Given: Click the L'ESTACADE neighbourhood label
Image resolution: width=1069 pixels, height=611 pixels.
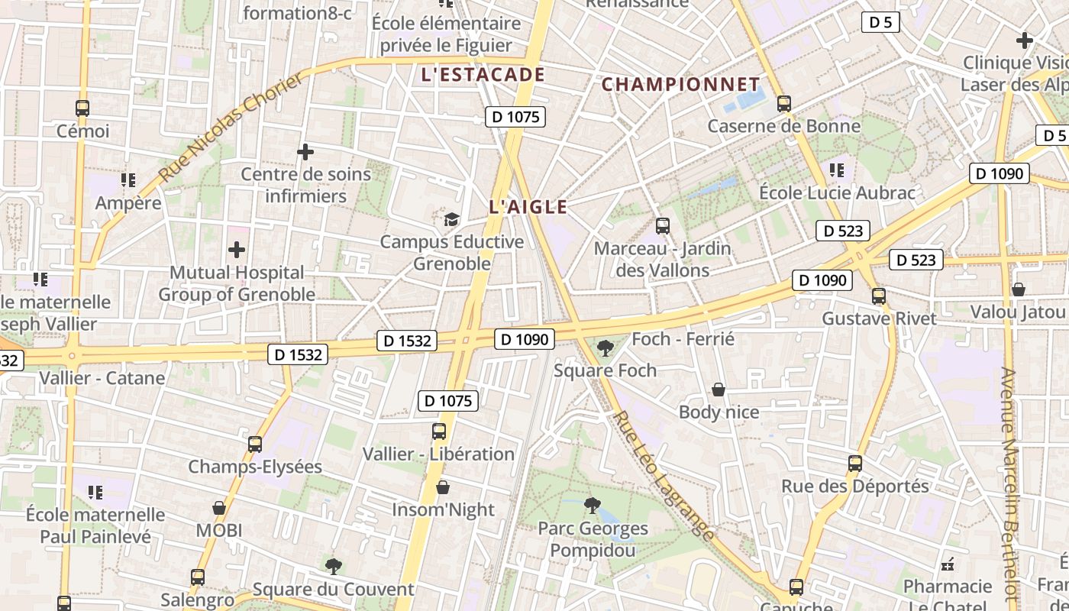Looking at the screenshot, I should pos(483,75).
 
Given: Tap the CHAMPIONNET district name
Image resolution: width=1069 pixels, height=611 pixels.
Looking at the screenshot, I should pos(680,84).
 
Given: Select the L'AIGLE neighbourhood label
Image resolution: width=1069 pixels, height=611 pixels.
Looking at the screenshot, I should pos(528,207).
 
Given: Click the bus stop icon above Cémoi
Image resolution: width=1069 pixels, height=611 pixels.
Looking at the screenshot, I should pos(82,108).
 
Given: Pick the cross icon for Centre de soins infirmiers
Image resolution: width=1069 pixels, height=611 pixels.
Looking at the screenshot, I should pos(305,152).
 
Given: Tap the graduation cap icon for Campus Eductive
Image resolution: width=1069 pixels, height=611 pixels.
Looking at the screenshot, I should pos(452,220).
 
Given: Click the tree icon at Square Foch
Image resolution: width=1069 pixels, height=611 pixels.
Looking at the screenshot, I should pos(606,348).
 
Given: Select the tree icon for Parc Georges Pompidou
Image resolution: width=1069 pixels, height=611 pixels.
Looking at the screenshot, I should pos(592,505).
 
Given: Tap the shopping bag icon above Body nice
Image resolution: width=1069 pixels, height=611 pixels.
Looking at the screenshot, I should pos(719,390).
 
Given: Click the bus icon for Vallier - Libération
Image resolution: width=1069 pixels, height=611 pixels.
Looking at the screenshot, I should pos(439,432).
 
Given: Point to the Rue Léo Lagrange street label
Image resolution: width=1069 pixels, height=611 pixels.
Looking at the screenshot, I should pos(664,476).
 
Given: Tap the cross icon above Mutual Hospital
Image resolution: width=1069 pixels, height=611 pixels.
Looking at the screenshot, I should pos(237,250).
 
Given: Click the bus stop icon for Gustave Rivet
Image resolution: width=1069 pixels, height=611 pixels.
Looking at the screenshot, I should pos(879,296).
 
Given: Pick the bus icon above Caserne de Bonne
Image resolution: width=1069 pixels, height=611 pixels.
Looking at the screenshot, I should pos(783,104).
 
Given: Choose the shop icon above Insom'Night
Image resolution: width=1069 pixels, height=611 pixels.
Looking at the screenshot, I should pos(443,487).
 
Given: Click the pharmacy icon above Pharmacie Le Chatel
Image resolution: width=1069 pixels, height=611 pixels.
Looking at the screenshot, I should pos(948,565).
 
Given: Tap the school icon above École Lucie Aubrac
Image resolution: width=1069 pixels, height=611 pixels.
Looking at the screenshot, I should pos(837,170).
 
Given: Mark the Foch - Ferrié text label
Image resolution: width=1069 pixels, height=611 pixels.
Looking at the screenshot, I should pos(683,339).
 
